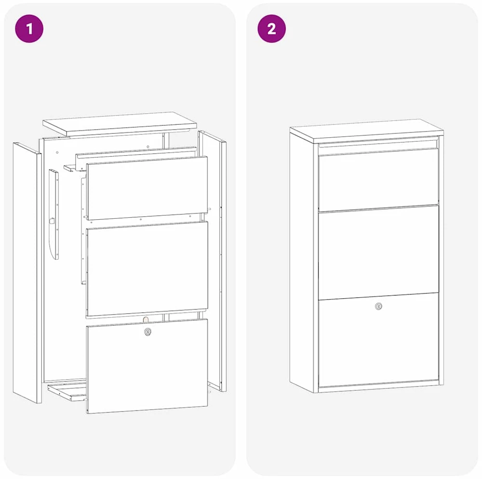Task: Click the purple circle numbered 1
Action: point(29,28)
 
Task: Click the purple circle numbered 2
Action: point(271,28)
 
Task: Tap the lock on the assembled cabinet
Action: point(378,306)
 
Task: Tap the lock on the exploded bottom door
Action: point(148,332)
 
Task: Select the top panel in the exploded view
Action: point(120,123)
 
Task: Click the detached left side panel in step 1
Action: point(27,272)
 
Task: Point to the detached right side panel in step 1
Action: point(213,261)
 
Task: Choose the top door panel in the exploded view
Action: point(147,188)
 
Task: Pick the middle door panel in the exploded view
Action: point(147,268)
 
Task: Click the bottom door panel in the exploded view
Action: point(147,366)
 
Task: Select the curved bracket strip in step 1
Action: point(54,214)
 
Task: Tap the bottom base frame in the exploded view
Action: point(67,391)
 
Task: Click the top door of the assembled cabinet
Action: point(378,180)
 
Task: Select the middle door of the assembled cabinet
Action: point(378,253)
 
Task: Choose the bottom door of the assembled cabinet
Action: point(378,340)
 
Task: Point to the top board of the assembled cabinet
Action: point(366,131)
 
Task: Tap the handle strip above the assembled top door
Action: point(378,144)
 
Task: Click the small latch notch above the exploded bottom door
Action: point(146,319)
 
